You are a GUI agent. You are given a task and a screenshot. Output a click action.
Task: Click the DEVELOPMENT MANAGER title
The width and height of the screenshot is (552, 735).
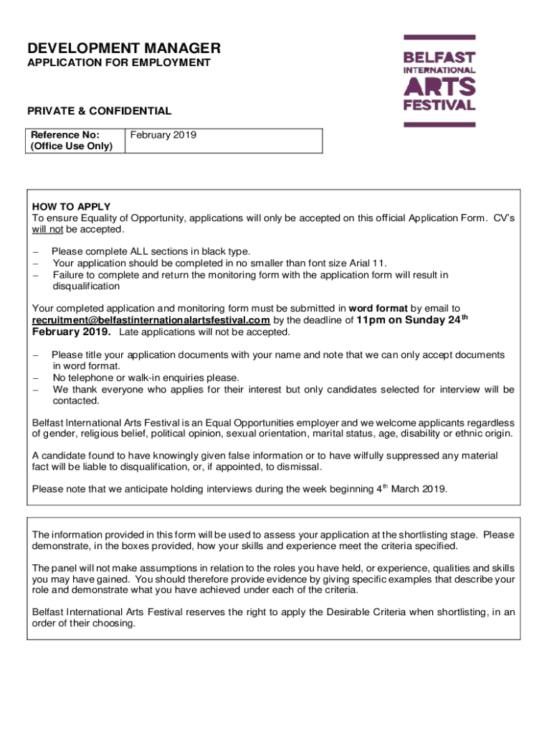(123, 48)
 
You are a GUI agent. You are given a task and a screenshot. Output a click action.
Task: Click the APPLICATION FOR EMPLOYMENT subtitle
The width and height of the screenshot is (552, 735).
(118, 63)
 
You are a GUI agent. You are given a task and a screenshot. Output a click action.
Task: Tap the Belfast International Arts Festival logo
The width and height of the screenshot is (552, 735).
(439, 80)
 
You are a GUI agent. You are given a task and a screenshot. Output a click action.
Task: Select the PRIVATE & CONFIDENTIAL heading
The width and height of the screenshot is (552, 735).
(99, 111)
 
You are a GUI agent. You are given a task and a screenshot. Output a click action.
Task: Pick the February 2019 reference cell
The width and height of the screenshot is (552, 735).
(162, 135)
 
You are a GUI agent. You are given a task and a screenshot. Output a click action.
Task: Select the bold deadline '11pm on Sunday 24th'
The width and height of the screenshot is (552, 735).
(411, 320)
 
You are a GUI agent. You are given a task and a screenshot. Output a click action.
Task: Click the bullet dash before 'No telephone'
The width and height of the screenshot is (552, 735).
(36, 378)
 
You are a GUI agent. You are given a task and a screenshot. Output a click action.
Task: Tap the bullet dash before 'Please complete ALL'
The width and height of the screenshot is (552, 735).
(36, 251)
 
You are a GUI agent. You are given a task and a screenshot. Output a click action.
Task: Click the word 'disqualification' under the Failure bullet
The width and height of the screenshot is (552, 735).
(87, 286)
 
